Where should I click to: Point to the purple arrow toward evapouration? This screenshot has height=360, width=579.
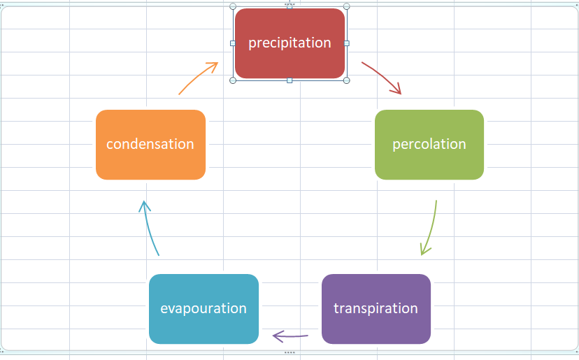289,337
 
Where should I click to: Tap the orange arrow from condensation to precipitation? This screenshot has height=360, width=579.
199,77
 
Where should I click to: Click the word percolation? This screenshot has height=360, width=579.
429,144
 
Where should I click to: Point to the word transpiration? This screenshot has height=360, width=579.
376,308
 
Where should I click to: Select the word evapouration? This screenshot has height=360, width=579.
203,308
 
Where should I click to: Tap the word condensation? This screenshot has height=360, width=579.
150,144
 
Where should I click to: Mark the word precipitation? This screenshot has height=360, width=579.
289,43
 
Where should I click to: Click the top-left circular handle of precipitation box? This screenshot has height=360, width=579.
233,6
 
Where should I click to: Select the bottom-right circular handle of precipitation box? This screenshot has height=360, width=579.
347,80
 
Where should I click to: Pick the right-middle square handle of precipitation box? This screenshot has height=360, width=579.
347,43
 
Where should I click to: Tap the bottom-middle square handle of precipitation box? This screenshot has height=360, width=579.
289,80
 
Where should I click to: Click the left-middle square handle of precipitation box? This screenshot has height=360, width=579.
233,43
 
